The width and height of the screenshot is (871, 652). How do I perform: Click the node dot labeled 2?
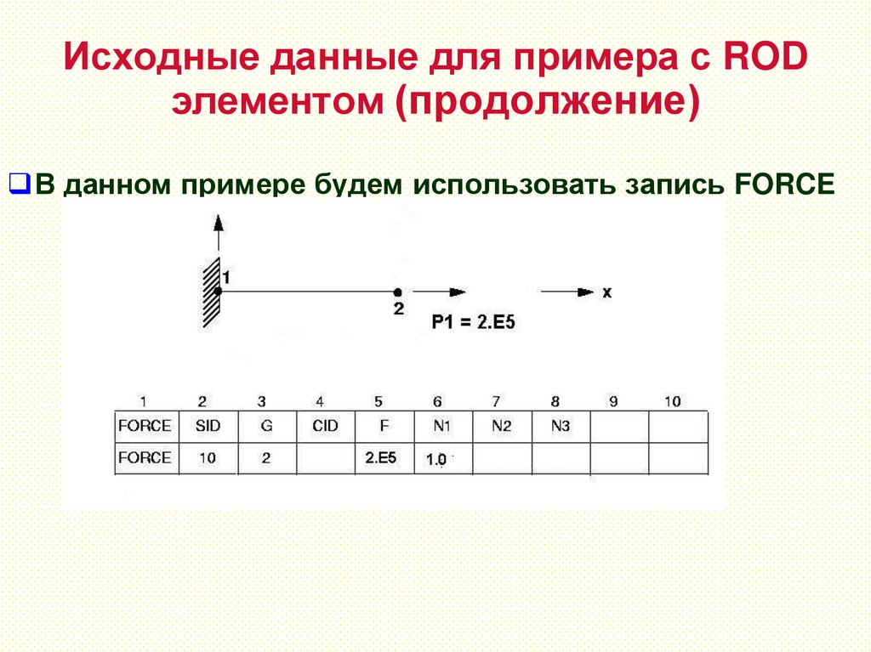397,292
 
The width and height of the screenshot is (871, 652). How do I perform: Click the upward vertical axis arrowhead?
218,223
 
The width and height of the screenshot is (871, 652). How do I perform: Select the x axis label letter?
606,292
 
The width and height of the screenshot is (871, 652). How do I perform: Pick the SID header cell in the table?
207,426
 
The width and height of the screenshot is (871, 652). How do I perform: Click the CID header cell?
325,426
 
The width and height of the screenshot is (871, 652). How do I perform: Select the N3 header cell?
560,426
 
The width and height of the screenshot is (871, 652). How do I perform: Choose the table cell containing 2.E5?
381,457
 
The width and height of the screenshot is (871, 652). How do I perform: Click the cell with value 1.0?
437,459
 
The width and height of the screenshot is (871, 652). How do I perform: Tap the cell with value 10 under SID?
207,457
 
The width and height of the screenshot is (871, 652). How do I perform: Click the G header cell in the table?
265,426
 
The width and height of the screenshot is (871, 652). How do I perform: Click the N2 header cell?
501,426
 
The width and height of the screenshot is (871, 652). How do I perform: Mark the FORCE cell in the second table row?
145,457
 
